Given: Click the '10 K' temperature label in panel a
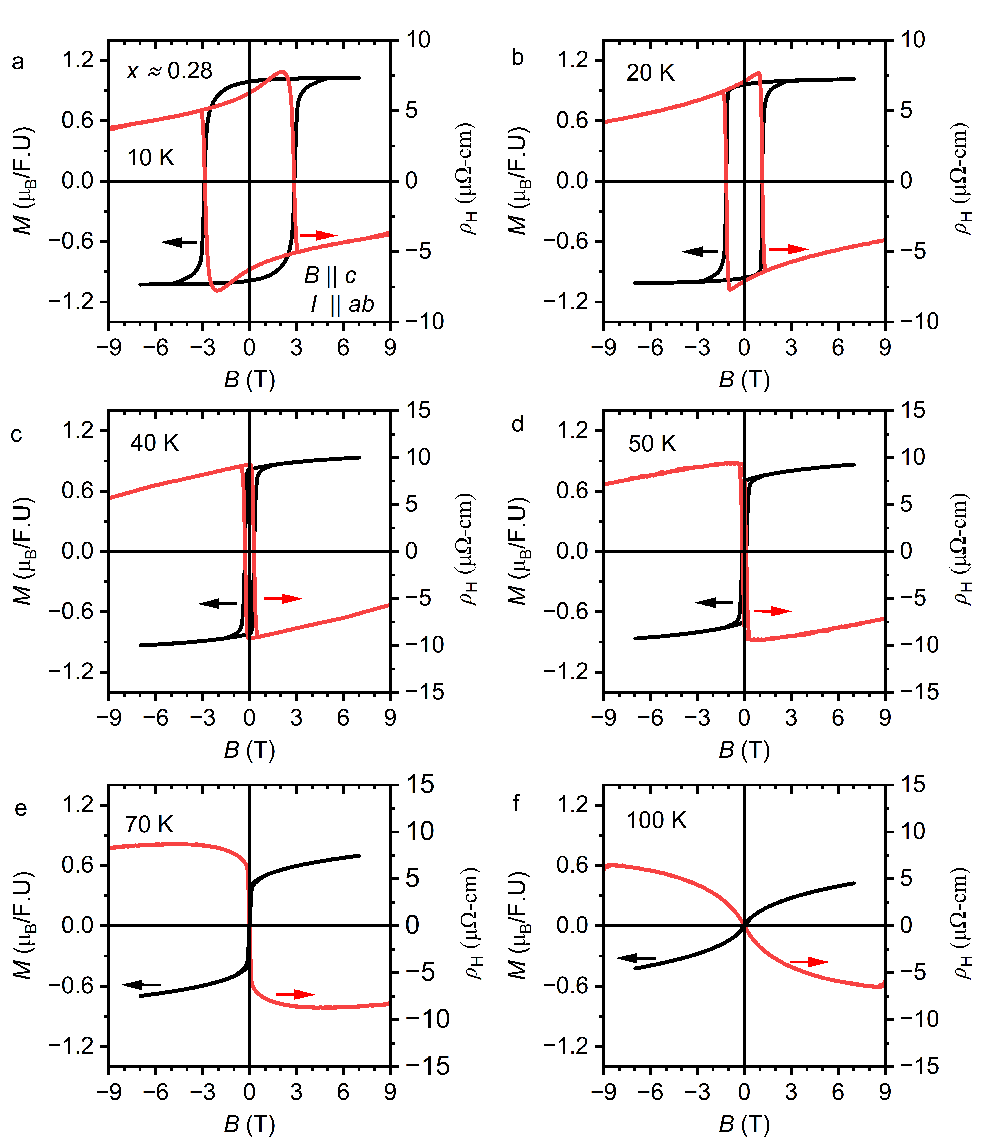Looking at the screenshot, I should point(150,158).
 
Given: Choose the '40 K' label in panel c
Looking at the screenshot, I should point(155,443).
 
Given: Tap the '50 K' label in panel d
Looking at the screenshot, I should point(652,444).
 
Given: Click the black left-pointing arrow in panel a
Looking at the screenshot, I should point(179,242).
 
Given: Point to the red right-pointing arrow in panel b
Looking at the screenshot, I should point(788,249).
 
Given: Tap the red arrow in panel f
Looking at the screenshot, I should point(809,962).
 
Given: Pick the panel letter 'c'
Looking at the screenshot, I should point(16,434).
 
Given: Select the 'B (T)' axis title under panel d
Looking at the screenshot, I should point(744,750).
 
